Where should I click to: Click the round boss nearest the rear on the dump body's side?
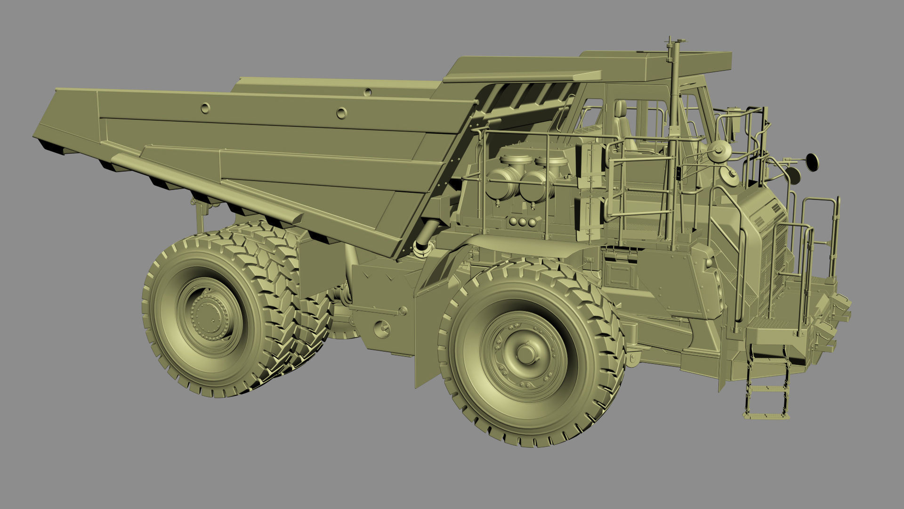point(205,108)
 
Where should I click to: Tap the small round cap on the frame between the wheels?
point(382,328)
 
